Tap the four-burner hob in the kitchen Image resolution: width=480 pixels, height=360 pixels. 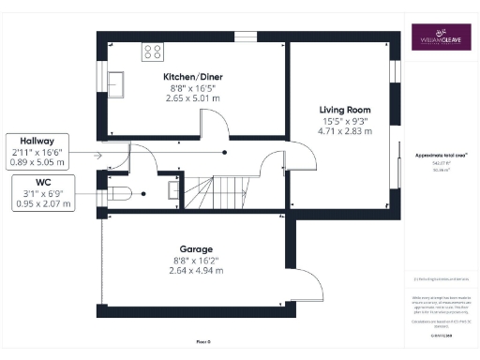(x=152, y=51)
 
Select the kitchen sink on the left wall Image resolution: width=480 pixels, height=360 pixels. (x=117, y=82)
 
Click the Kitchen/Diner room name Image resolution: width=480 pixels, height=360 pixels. (x=192, y=75)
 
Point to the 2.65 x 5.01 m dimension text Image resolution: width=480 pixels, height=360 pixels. (x=192, y=97)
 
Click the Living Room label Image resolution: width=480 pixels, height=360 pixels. (x=339, y=109)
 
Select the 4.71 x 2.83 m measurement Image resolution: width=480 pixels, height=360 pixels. (x=339, y=132)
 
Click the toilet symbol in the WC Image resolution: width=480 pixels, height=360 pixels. (x=118, y=193)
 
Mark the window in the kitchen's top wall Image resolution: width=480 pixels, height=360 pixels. (x=245, y=37)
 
